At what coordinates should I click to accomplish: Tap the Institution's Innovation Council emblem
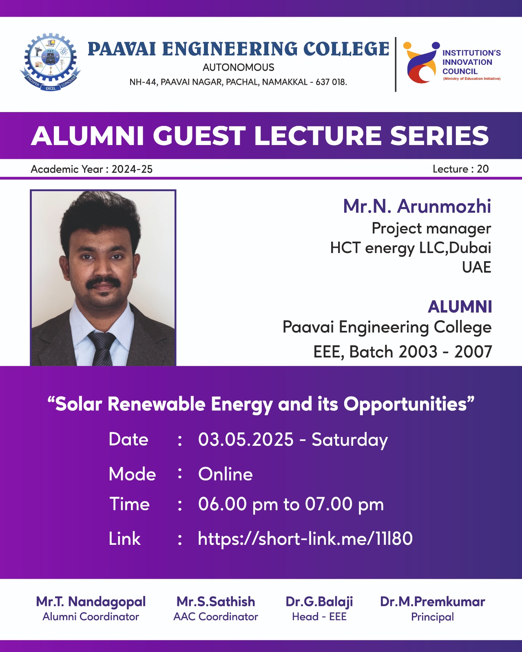[x=421, y=62]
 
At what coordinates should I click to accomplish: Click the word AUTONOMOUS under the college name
[x=239, y=67]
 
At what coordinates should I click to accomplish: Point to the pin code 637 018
[x=331, y=82]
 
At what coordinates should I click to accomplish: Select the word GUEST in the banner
[x=199, y=135]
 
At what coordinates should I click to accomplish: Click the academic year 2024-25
[x=132, y=169]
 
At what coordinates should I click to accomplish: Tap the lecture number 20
[x=483, y=169]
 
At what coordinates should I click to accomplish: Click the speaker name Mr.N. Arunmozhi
[x=417, y=206]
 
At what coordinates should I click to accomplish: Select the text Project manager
[x=431, y=229]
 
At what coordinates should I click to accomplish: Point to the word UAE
[x=476, y=267]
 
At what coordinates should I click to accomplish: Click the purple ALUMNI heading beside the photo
[x=460, y=306]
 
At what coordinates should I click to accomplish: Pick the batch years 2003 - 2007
[x=445, y=352]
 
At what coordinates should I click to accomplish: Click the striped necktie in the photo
[x=102, y=348]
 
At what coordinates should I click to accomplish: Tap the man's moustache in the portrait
[x=103, y=283]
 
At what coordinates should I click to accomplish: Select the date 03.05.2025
[x=246, y=440]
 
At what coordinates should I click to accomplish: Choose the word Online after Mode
[x=226, y=474]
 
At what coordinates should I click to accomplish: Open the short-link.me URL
[x=305, y=539]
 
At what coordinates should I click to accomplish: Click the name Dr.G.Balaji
[x=319, y=602]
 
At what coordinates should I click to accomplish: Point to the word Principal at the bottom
[x=432, y=617]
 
